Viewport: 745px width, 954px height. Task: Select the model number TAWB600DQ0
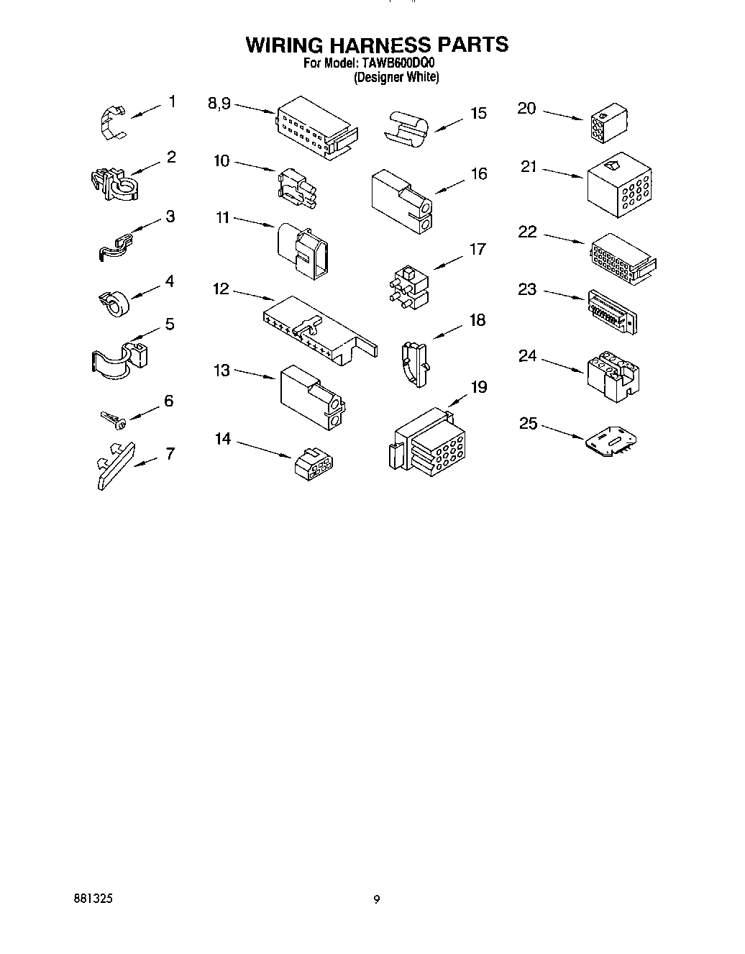[396, 63]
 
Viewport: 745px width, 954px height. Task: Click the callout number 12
[221, 289]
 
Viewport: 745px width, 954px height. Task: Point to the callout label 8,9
[219, 104]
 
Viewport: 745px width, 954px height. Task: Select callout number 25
[528, 423]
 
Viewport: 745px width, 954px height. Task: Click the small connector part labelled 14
[311, 463]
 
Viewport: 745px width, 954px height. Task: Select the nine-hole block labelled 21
[618, 183]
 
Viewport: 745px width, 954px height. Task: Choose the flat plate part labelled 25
[610, 441]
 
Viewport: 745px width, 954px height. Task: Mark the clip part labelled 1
[109, 120]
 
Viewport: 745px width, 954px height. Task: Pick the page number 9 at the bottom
[376, 899]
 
